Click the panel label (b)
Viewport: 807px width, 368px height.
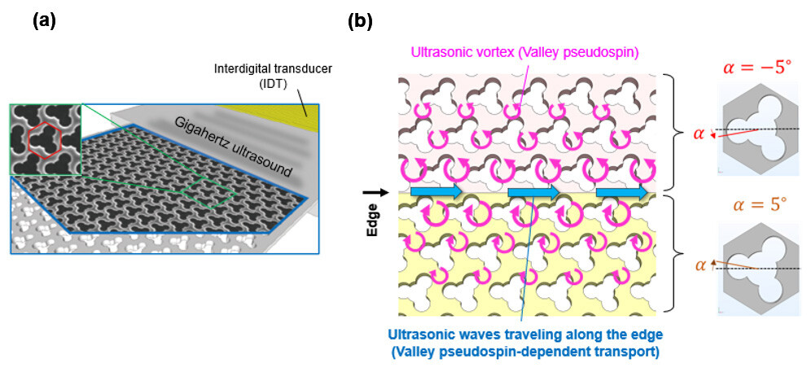[360, 22]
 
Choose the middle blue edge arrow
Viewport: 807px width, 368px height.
[533, 192]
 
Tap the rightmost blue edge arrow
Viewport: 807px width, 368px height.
[621, 192]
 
